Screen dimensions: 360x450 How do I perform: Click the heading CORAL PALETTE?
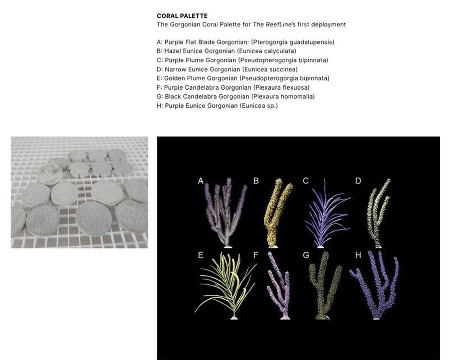click(182, 16)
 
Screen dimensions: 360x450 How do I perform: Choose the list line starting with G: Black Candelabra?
click(236, 97)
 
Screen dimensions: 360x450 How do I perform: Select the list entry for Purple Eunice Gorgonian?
click(217, 106)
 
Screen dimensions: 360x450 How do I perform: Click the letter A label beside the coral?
click(201, 181)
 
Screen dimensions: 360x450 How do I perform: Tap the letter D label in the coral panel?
click(358, 181)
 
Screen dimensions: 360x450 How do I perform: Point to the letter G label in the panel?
click(306, 256)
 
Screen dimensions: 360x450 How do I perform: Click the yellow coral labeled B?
click(276, 213)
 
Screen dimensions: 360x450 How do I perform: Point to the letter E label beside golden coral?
click(201, 256)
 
